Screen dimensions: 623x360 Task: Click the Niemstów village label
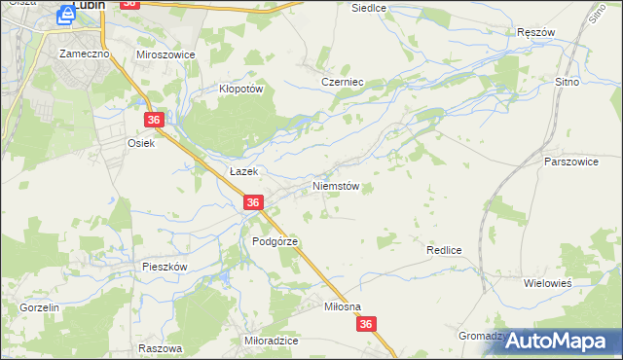pyautogui.click(x=336, y=185)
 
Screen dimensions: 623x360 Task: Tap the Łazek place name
pyautogui.click(x=242, y=170)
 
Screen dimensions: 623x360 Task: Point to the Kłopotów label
pyautogui.click(x=241, y=88)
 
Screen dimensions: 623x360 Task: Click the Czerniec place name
pyautogui.click(x=342, y=83)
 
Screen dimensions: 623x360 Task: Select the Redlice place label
pyautogui.click(x=443, y=250)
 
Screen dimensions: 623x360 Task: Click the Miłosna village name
pyautogui.click(x=342, y=306)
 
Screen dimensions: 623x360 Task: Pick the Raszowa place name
pyautogui.click(x=161, y=347)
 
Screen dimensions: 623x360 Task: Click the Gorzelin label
pyautogui.click(x=40, y=306)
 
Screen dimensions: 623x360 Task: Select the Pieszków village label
pyautogui.click(x=164, y=266)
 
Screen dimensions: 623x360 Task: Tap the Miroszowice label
pyautogui.click(x=165, y=54)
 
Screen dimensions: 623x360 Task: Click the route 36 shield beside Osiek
pyautogui.click(x=154, y=120)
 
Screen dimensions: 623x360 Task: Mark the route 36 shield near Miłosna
pyautogui.click(x=365, y=325)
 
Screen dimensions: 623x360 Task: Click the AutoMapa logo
pyautogui.click(x=556, y=341)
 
